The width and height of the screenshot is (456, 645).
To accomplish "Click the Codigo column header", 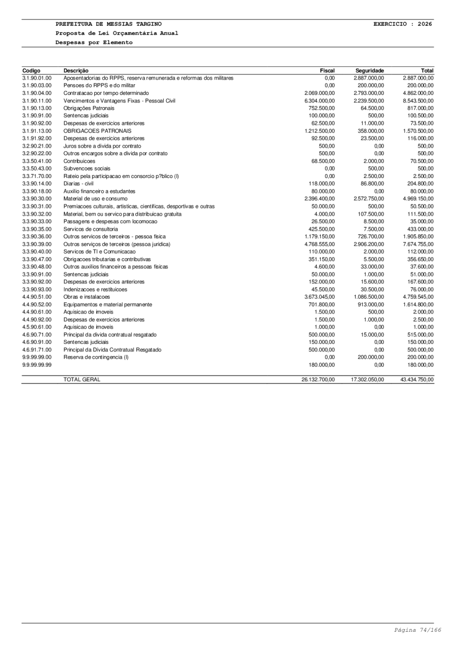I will click(x=31, y=71).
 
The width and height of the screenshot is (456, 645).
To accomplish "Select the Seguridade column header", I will click(x=369, y=71).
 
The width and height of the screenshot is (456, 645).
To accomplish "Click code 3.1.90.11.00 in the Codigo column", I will click(x=37, y=101).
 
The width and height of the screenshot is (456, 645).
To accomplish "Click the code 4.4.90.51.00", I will click(x=37, y=297).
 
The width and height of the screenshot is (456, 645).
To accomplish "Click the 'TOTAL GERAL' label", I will click(x=82, y=379).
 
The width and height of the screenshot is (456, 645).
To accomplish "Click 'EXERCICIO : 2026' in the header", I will click(x=403, y=24).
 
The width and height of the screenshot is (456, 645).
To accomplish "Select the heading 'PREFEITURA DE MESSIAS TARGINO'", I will click(x=109, y=24).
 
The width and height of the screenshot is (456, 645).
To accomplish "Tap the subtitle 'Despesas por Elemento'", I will click(x=94, y=43).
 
